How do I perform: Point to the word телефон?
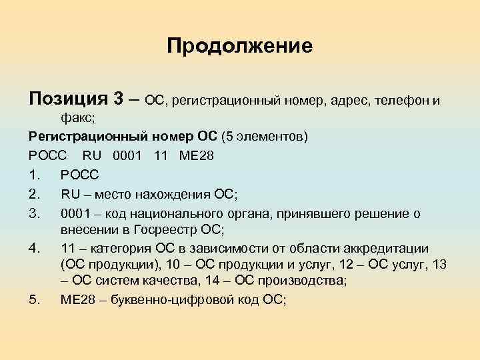pos(402,100)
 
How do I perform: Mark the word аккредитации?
pos(389,248)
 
